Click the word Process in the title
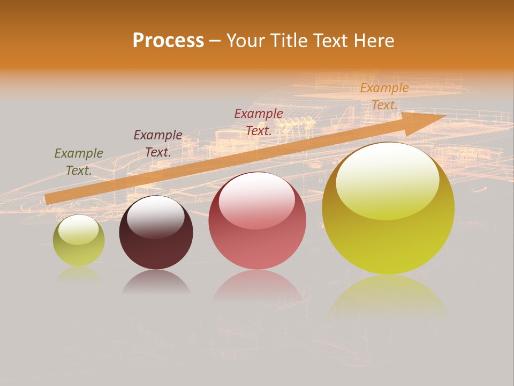pyautogui.click(x=168, y=41)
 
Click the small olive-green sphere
pyautogui.click(x=79, y=241)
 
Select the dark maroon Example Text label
pyautogui.click(x=158, y=144)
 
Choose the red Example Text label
pyautogui.click(x=259, y=122)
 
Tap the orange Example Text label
pyautogui.click(x=384, y=96)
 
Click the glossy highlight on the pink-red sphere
pyautogui.click(x=256, y=199)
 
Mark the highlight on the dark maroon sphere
pyautogui.click(x=155, y=217)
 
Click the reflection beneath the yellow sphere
pyautogui.click(x=388, y=298)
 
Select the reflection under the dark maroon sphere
pyautogui.click(x=156, y=283)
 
